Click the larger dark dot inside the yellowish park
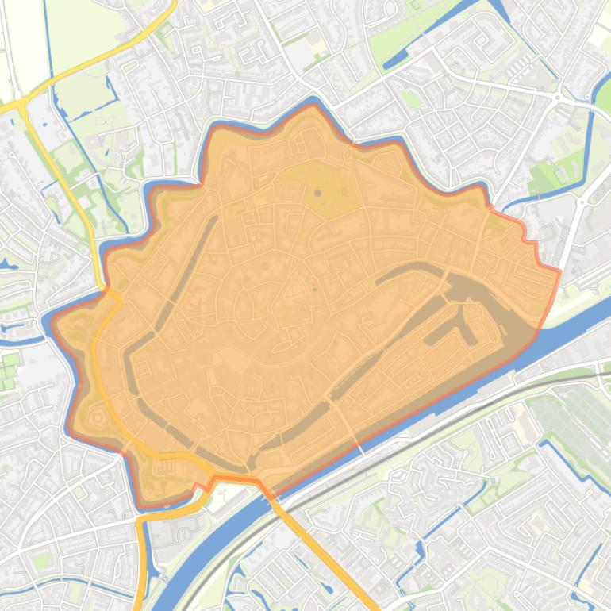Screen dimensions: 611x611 point(317,193)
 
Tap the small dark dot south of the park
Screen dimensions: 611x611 point(315,290)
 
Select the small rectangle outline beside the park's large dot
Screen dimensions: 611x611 point(344,191)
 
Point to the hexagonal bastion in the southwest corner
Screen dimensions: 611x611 point(98,416)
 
